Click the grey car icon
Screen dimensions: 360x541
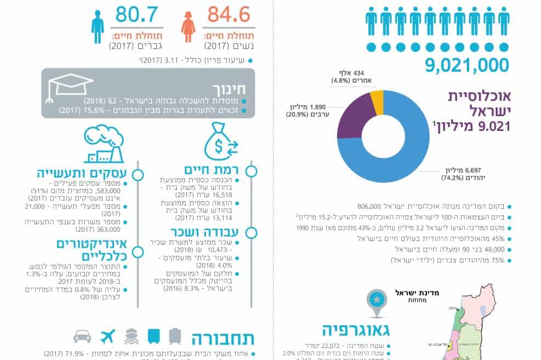click(x=82, y=335)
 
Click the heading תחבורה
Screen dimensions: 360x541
click(x=223, y=336)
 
